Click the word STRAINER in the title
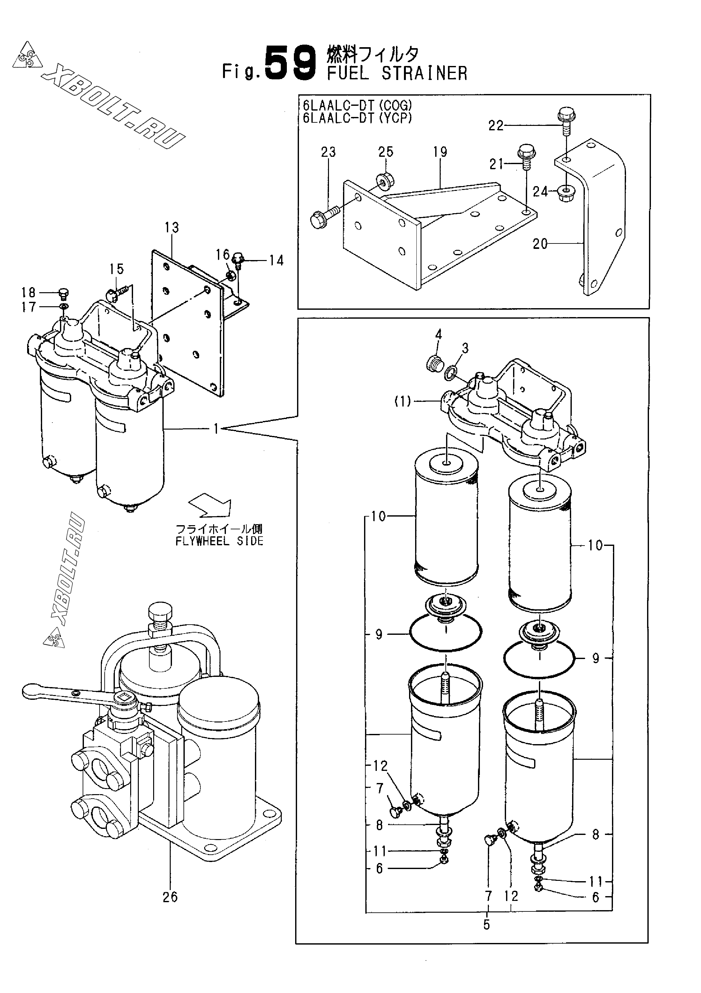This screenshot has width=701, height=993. pyautogui.click(x=424, y=74)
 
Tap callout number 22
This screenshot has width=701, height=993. pyautogui.click(x=496, y=126)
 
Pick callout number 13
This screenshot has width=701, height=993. pyautogui.click(x=172, y=228)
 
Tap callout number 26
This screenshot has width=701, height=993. pyautogui.click(x=170, y=897)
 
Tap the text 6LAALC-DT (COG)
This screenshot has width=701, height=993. pyautogui.click(x=358, y=105)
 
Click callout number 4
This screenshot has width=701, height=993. pyautogui.click(x=439, y=334)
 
